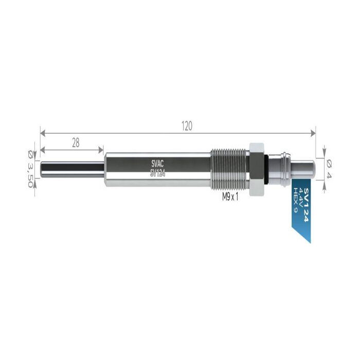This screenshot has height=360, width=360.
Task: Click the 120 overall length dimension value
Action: (187, 126)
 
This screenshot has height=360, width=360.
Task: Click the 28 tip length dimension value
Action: (76, 143)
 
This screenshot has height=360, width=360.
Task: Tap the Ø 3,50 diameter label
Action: (30, 169)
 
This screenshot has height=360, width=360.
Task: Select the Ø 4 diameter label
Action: (329, 170)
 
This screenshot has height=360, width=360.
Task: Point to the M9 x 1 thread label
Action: (230, 197)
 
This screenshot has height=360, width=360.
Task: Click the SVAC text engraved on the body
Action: (157, 164)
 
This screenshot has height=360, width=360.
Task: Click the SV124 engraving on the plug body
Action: (158, 174)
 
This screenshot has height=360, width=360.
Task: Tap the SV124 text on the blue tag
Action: (307, 205)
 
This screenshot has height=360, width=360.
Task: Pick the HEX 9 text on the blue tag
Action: (296, 200)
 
